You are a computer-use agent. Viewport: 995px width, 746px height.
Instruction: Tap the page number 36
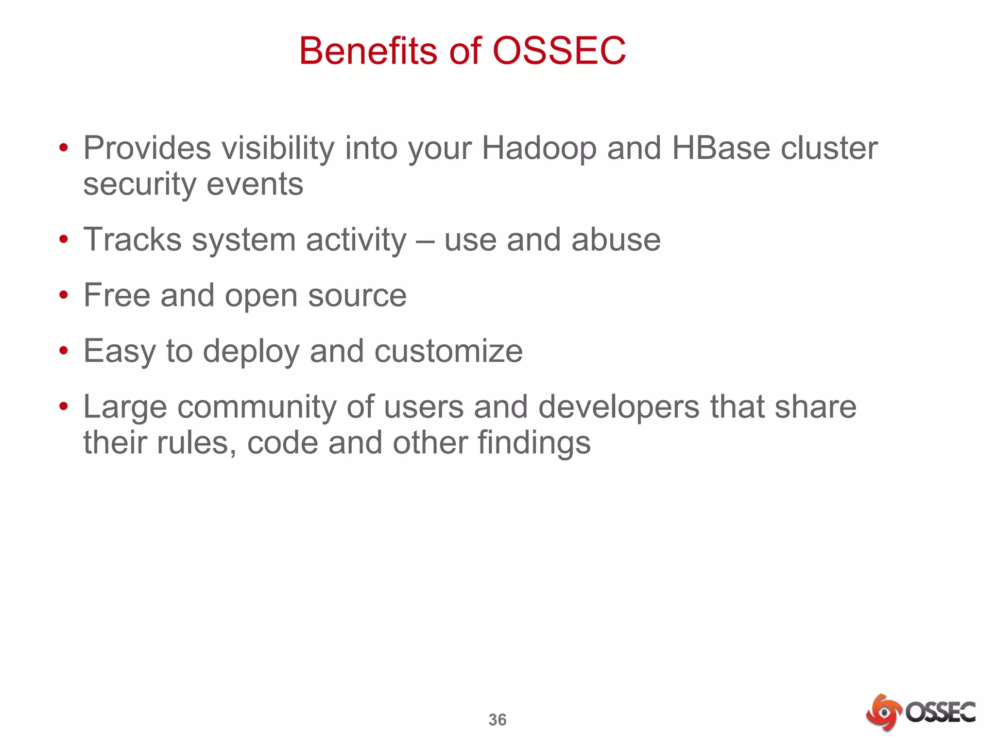[497, 720]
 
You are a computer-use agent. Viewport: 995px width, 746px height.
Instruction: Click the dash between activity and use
[425, 241]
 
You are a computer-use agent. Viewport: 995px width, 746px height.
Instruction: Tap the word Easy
[119, 351]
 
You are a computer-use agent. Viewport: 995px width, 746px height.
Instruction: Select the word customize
[448, 351]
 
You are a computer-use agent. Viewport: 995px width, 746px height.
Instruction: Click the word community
[257, 407]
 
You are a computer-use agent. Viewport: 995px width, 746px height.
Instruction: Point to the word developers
[619, 407]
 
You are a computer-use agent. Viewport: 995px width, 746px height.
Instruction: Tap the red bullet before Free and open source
[64, 295]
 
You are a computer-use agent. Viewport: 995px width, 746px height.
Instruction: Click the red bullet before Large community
[64, 406]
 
